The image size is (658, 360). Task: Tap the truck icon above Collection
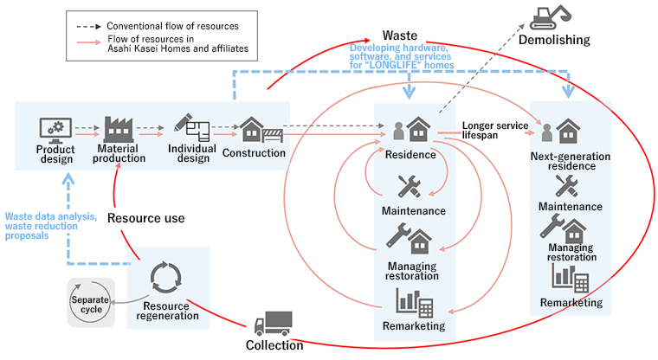click(x=274, y=324)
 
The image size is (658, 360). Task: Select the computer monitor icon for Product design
click(x=55, y=130)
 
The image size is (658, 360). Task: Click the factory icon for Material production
click(x=120, y=130)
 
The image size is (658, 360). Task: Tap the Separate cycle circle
click(x=91, y=303)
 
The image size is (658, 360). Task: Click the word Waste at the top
click(x=376, y=35)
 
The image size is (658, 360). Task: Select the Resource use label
click(x=145, y=218)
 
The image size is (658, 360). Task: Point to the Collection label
click(x=274, y=345)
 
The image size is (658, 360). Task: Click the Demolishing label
click(x=555, y=40)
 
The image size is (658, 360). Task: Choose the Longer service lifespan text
click(x=494, y=131)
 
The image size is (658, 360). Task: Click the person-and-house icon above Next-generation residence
click(x=562, y=131)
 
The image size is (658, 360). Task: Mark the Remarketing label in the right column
click(x=571, y=302)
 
